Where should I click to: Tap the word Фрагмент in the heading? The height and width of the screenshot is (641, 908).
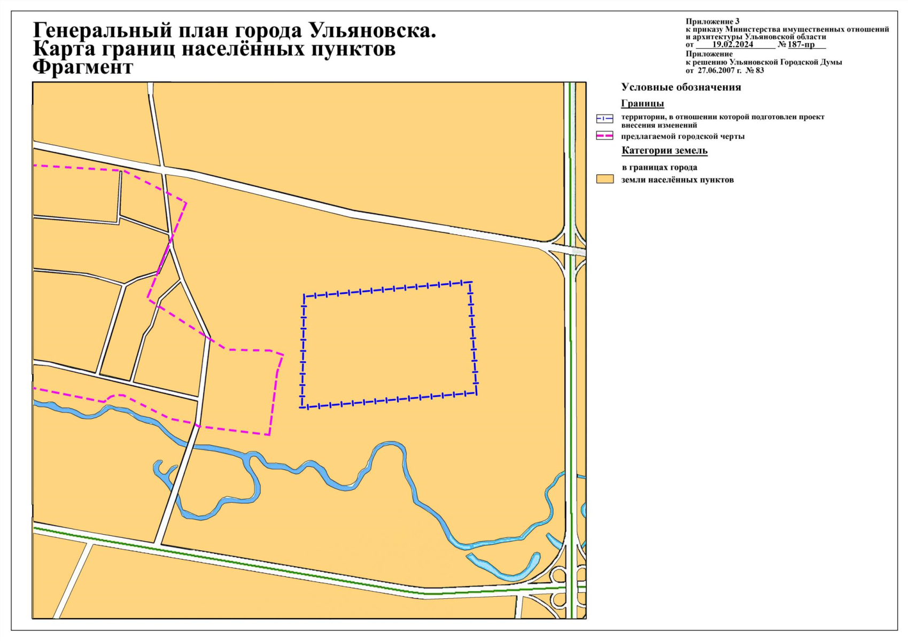[x=83, y=67]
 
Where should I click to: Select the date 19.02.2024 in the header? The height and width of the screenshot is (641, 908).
[x=732, y=44]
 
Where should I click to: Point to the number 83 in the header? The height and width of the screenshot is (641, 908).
[x=759, y=70]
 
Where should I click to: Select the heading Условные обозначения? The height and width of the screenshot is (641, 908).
[x=681, y=87]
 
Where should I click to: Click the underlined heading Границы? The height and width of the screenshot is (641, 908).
[x=642, y=104]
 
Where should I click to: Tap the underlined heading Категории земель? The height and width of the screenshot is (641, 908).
[x=664, y=151]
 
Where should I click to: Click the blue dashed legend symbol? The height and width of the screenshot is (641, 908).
[x=604, y=119]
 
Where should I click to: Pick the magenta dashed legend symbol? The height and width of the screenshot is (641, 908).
[x=604, y=136]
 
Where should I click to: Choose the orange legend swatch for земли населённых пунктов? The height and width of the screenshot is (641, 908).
[x=604, y=179]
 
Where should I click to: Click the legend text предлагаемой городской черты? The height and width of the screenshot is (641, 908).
[x=682, y=136]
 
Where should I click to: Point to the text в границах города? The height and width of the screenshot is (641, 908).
[x=659, y=167]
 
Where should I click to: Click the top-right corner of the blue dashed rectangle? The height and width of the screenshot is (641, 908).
[x=470, y=282]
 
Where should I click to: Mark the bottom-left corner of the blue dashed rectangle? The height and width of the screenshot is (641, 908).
[x=302, y=408]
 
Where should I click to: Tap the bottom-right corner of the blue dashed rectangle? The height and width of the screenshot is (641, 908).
[x=476, y=394]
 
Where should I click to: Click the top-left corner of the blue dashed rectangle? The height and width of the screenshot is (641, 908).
[x=304, y=295]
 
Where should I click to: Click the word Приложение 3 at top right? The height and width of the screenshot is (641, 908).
[x=712, y=21]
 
